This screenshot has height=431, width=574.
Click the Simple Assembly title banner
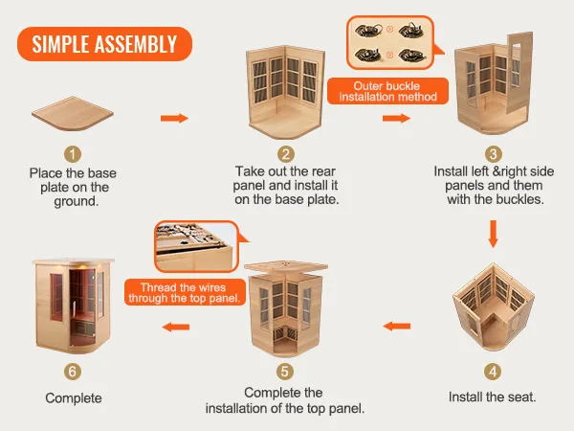pyautogui.click(x=104, y=44)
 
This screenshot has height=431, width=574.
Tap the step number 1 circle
pyautogui.click(x=74, y=153)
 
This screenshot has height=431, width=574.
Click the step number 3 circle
pyautogui.click(x=493, y=153)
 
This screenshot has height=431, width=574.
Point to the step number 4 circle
pyautogui.click(x=493, y=371)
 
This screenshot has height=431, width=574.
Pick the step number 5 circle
pyautogui.click(x=284, y=371)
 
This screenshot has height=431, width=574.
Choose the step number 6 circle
pyautogui.click(x=74, y=371)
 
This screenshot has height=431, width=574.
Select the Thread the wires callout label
pyautogui.click(x=193, y=292)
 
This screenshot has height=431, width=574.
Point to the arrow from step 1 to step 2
pyautogui.click(x=173, y=118)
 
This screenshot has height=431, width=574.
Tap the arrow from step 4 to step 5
pyautogui.click(x=397, y=327)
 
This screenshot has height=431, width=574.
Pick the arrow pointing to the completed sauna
pyautogui.click(x=175, y=327)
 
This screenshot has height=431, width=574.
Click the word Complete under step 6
pyautogui.click(x=74, y=397)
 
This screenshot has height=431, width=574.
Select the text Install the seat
pyautogui.click(x=492, y=396)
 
